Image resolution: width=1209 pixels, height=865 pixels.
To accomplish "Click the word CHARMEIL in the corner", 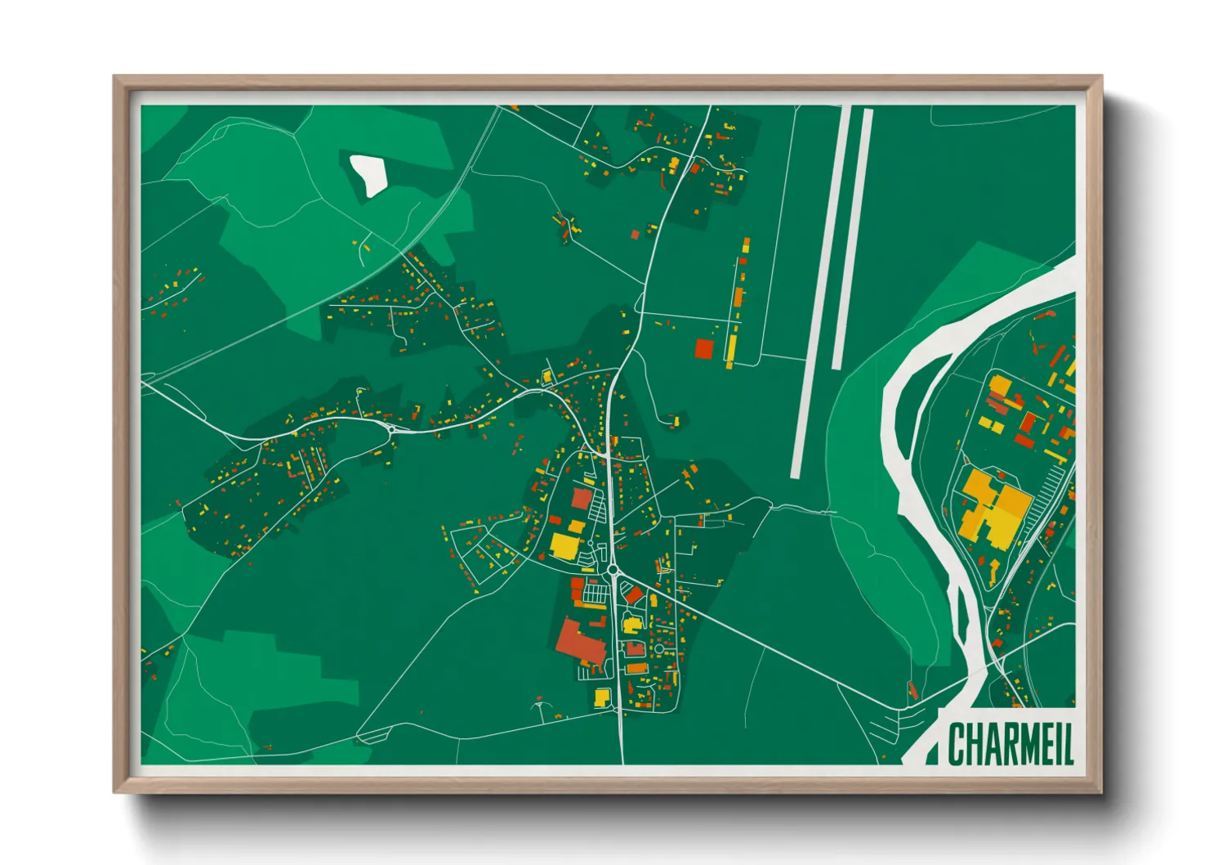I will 1010,743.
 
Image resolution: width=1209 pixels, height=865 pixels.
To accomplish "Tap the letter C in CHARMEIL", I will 956,743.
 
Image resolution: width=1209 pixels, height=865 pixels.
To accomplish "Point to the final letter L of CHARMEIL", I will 1068,743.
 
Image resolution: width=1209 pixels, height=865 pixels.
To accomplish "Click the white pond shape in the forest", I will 368,174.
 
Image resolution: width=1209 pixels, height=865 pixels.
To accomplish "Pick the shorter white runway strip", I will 851,237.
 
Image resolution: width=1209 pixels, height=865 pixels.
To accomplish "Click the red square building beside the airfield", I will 704,348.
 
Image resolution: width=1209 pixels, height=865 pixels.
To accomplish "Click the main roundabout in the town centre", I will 613,570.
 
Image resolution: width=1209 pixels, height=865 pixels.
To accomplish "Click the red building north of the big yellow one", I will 582,498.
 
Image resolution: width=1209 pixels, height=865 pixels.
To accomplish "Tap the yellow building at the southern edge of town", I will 602,697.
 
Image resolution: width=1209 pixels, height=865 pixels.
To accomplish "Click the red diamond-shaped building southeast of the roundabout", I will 634,594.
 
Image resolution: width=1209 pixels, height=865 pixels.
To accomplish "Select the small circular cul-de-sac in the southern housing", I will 659,649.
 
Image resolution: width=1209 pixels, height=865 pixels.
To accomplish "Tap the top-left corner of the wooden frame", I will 117,78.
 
